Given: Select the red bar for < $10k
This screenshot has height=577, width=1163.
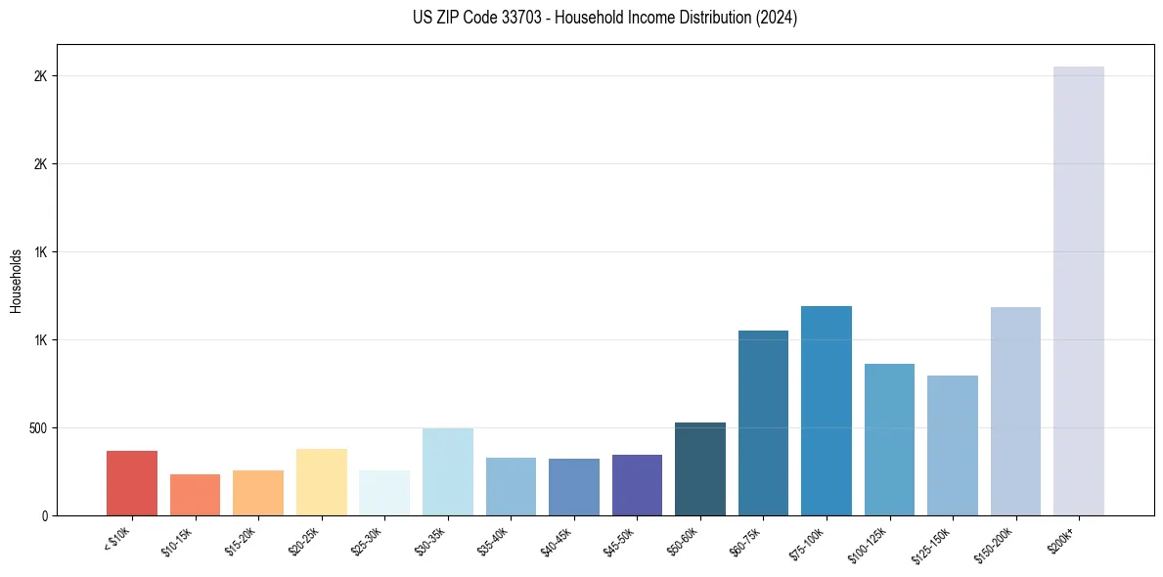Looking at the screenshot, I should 132,483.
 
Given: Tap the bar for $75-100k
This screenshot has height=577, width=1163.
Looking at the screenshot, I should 827,411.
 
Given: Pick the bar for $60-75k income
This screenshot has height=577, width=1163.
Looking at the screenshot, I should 763,422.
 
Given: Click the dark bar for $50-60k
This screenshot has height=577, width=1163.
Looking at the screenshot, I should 700,468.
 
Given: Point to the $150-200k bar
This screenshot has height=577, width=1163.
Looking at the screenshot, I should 1015,411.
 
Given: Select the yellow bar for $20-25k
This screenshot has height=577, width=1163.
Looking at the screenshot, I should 322,482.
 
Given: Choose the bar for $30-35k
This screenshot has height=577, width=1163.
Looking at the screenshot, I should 448,471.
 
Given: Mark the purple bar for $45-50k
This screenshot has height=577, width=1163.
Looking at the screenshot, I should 637,485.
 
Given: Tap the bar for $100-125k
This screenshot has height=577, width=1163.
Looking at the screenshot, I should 889,439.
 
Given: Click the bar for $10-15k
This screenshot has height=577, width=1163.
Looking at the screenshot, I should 195,495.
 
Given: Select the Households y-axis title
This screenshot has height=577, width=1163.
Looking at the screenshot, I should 16,281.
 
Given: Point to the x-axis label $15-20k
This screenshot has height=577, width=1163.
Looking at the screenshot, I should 241,541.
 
